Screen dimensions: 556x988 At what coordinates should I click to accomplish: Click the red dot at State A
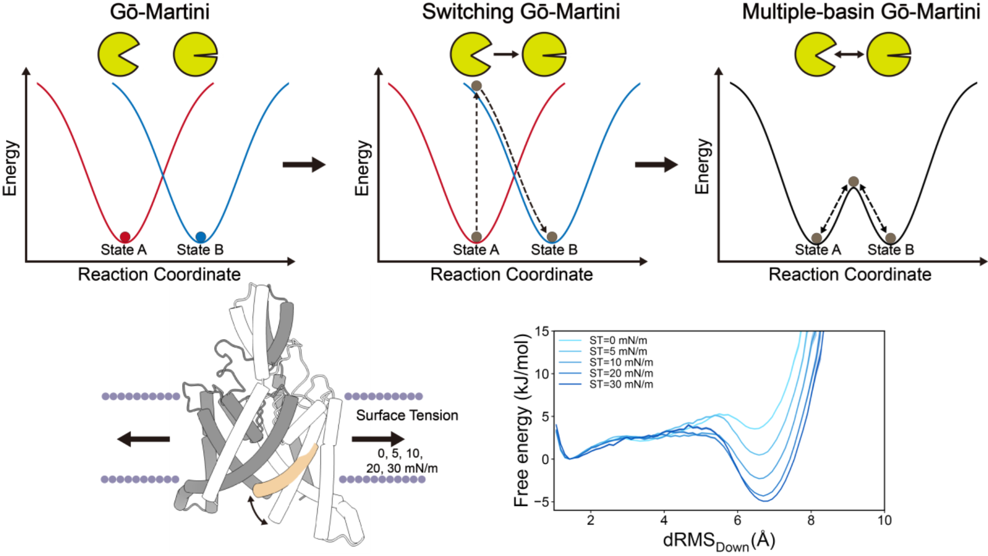click(125, 237)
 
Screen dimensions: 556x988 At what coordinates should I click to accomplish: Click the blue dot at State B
click(200, 237)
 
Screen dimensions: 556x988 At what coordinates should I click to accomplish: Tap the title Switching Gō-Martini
click(521, 12)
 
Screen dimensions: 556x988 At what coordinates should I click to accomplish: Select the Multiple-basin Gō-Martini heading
click(861, 12)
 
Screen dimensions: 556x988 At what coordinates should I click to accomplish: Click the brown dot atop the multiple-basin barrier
click(853, 182)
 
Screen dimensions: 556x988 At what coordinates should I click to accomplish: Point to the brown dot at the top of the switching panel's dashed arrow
click(477, 86)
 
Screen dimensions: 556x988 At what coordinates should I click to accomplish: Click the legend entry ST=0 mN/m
click(618, 341)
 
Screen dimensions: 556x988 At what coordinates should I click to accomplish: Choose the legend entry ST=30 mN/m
click(621, 384)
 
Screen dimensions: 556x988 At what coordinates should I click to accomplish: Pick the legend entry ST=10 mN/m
click(621, 362)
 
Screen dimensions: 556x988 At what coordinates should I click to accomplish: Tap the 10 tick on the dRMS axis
click(884, 521)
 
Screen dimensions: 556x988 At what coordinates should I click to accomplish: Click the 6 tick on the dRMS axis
click(738, 521)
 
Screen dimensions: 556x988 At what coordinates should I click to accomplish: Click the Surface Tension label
click(407, 415)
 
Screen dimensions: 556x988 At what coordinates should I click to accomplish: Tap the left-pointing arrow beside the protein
click(143, 439)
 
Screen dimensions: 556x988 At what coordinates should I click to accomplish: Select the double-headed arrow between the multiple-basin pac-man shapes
click(849, 54)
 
